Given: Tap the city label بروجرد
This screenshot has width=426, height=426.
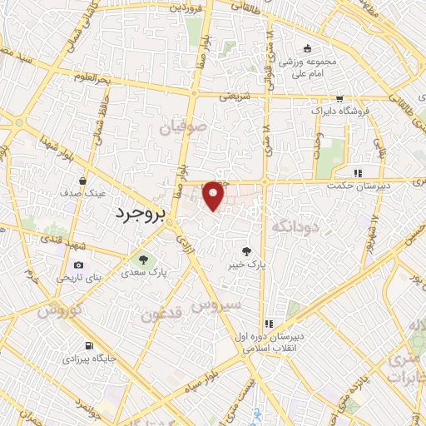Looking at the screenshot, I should (x=139, y=214).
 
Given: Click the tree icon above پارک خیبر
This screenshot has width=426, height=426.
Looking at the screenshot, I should (x=245, y=251).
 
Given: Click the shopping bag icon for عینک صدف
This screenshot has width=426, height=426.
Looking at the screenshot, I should (x=83, y=180).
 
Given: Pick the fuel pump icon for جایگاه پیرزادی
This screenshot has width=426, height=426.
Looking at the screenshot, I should (x=87, y=346).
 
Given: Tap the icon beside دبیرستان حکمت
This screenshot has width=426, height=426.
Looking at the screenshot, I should (x=358, y=173).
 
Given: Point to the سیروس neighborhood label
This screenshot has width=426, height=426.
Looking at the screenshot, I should (x=217, y=305).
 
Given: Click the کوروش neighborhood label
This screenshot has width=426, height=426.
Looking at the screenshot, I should (x=57, y=310).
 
